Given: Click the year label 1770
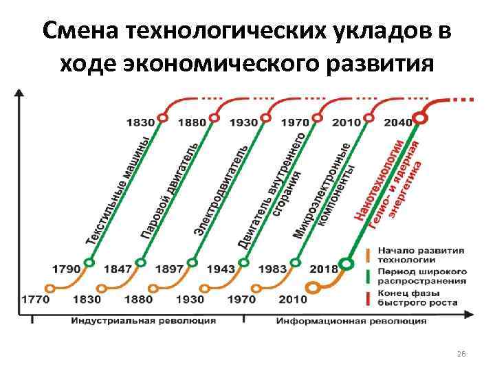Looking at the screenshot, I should tap(35, 300).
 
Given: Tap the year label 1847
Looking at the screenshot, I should tap(118, 269).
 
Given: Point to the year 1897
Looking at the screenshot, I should tap(170, 269).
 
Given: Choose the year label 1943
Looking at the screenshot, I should tap(221, 269).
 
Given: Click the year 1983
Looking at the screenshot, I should tap(273, 269).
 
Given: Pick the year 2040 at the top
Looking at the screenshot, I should tap(397, 122).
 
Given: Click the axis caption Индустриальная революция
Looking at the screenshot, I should tap(144, 321).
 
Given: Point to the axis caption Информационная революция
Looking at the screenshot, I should tap(351, 321).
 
